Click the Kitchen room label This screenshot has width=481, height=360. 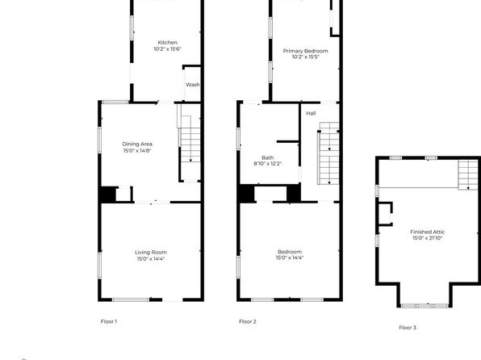(x=167, y=42)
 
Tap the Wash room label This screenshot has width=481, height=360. (x=193, y=85)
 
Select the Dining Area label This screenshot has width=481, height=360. (x=137, y=144)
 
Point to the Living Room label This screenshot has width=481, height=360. (x=151, y=253)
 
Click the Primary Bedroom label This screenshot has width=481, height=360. (x=305, y=51)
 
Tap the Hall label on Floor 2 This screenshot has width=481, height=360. (x=311, y=113)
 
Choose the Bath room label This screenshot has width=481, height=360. (x=267, y=157)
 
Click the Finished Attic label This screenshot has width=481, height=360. (x=427, y=232)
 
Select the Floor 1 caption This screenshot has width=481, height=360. (x=109, y=321)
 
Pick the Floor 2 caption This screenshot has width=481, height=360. (x=248, y=321)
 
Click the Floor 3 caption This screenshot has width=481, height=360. (x=408, y=328)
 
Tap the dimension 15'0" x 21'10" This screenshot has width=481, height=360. (x=427, y=238)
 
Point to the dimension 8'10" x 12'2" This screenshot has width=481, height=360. (x=267, y=164)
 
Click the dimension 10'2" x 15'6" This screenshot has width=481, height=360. (x=167, y=48)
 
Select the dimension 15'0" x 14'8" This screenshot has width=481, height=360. (x=137, y=150)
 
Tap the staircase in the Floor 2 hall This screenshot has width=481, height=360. (x=329, y=153)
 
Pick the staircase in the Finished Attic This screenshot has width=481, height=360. (x=468, y=175)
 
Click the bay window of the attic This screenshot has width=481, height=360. (x=425, y=306)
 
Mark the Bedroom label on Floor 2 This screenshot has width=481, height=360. (x=290, y=252)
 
